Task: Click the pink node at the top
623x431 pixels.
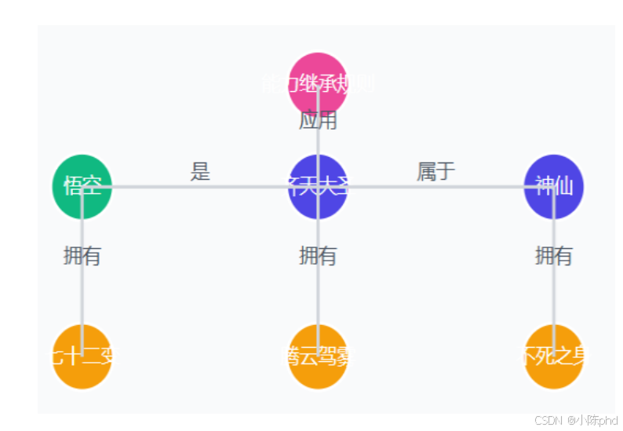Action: pyautogui.click(x=318, y=82)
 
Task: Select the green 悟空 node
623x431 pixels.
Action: pyautogui.click(x=82, y=187)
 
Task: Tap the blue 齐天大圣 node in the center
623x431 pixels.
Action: pyautogui.click(x=318, y=187)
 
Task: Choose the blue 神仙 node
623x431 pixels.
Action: pyautogui.click(x=554, y=187)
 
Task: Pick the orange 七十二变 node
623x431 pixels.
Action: pyautogui.click(x=82, y=356)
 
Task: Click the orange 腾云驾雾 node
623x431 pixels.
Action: pyautogui.click(x=318, y=356)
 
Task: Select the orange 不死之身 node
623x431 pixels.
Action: pyautogui.click(x=554, y=356)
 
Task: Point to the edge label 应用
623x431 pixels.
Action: pyautogui.click(x=318, y=121)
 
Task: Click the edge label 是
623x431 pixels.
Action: pyautogui.click(x=200, y=172)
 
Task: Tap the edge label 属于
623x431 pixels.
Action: pyautogui.click(x=436, y=172)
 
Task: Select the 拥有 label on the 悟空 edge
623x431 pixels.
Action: pyautogui.click(x=82, y=256)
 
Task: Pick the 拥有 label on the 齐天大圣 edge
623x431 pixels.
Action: pyautogui.click(x=318, y=256)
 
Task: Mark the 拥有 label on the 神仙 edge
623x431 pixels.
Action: pyautogui.click(x=554, y=256)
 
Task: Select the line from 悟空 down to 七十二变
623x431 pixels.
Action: pyautogui.click(x=82, y=298)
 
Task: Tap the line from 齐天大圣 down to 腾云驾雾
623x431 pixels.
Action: pyautogui.click(x=318, y=298)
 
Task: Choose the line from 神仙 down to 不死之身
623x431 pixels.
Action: pyautogui.click(x=554, y=298)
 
